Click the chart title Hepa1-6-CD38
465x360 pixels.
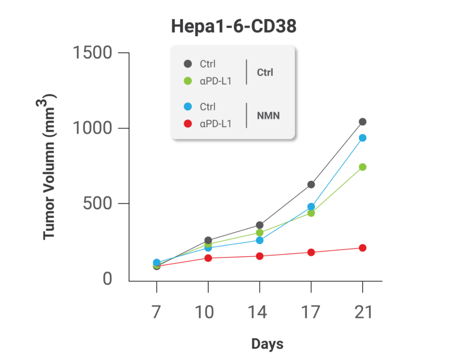(x=234, y=27)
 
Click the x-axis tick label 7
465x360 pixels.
(x=156, y=312)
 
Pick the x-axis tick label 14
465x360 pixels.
(x=259, y=312)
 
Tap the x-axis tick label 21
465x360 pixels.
(x=363, y=312)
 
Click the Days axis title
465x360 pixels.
(x=267, y=343)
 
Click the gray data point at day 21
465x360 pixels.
(x=363, y=122)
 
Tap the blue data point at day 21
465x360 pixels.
(x=363, y=138)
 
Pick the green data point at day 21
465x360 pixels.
(x=363, y=167)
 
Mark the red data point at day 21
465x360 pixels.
(x=363, y=248)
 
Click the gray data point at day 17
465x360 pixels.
(x=311, y=184)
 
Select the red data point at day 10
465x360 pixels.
(x=208, y=258)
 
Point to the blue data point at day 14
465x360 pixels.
(x=260, y=240)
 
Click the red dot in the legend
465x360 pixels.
(x=188, y=124)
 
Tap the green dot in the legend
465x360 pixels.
(x=188, y=81)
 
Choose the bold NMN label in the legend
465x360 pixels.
(x=268, y=115)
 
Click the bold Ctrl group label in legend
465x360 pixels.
(x=265, y=72)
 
